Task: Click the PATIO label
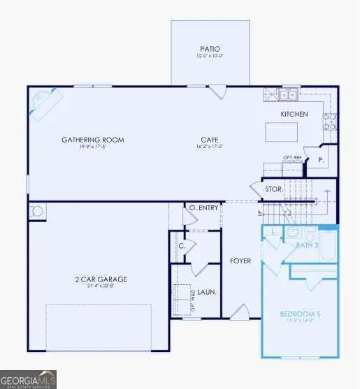210,50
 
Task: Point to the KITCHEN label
294,113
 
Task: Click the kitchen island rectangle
283,132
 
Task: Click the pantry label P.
321,159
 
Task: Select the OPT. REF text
291,158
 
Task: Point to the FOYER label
240,261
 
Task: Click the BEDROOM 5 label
300,314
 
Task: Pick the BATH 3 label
307,245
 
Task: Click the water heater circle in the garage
35,212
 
